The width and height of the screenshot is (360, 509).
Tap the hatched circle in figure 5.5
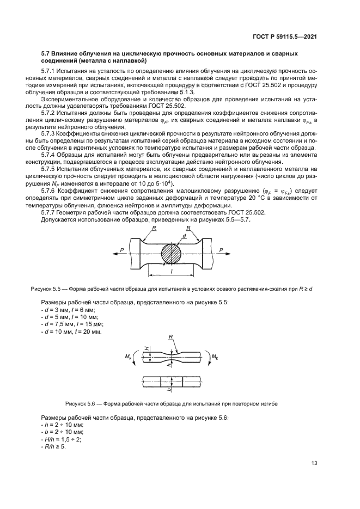coord(173,254)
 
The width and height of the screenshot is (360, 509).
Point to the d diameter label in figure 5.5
coord(184,237)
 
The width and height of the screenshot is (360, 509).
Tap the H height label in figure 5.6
coord(147,349)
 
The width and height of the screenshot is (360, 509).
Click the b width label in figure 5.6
coord(169,389)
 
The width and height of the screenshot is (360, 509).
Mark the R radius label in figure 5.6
coord(171,338)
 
